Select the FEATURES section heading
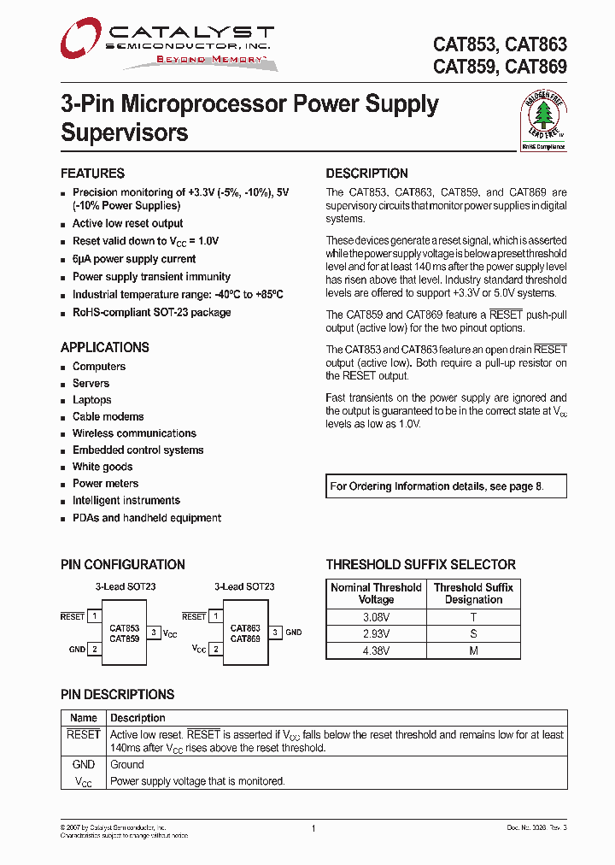point(92,174)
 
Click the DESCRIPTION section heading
point(366,174)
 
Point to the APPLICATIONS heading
point(104,348)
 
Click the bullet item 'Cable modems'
point(108,417)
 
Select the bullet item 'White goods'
point(102,467)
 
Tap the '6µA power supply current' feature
point(134,259)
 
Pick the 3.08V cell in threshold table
point(376,617)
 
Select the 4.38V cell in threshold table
point(376,650)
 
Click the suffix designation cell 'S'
point(473,634)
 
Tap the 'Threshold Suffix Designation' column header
point(473,593)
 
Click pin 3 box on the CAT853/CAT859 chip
point(154,633)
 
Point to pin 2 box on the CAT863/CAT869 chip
point(215,650)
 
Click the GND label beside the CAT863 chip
point(293,633)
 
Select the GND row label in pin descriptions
point(84,765)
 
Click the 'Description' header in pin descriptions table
point(138,718)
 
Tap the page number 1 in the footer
point(313,829)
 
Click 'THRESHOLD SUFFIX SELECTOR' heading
point(420,565)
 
